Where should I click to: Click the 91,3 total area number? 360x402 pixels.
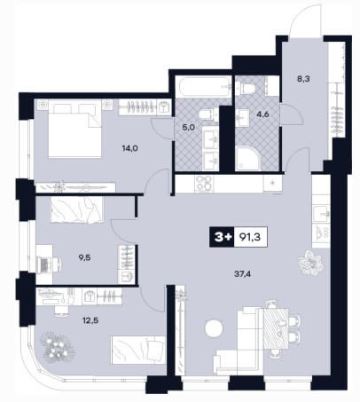pos(250,237)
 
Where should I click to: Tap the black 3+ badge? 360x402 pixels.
pos(222,237)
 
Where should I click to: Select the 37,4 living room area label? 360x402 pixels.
pos(242,274)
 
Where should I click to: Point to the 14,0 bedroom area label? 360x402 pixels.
pos(130,148)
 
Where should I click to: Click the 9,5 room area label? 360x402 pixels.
pos(84,257)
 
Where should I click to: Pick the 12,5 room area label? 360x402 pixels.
pos(90,319)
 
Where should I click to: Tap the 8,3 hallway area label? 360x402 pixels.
pos(303,79)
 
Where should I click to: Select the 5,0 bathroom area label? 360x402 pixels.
pos(188,128)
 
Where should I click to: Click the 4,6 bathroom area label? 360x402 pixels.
pos(263,114)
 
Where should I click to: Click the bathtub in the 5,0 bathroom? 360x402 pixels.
pos(203,86)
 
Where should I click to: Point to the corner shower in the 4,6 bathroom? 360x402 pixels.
pos(248,158)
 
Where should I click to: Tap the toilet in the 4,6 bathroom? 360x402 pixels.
pos(247,88)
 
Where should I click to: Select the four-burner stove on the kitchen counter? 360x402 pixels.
pos(204,184)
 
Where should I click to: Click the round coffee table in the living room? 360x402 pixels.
pos(214,328)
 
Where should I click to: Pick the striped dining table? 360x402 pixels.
pos(276,328)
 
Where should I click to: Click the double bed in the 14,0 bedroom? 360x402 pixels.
pos(75,129)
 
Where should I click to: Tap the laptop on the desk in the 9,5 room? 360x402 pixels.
pos(43,264)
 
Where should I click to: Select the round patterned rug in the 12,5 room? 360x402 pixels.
pos(58,346)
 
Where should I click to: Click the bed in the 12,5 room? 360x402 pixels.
pos(137,350)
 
